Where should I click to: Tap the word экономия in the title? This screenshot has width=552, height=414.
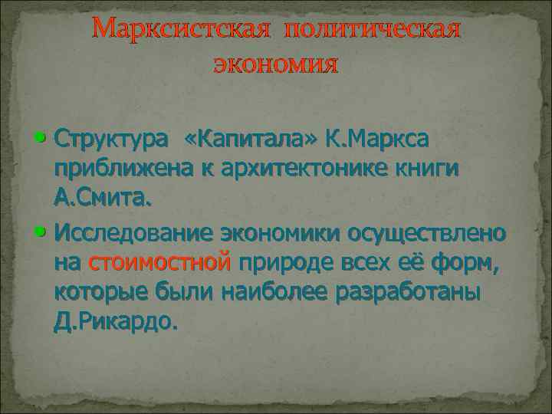(x=275, y=64)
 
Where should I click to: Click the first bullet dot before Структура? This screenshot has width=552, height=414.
(x=41, y=140)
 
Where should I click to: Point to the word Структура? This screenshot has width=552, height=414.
(x=110, y=140)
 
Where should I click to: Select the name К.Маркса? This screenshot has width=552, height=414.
(x=377, y=140)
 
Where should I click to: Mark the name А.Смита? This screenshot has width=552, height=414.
(x=103, y=200)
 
